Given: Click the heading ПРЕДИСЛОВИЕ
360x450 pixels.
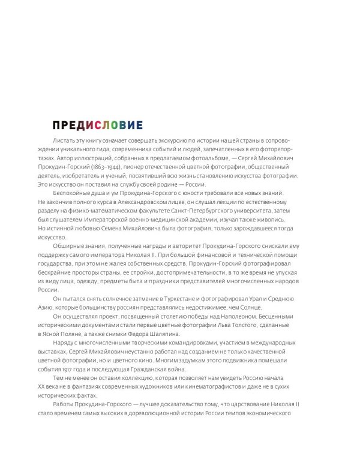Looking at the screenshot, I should (97, 125).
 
